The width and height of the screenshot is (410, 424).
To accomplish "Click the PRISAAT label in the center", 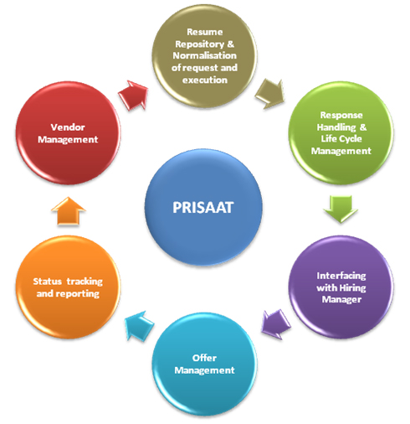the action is (x=202, y=208).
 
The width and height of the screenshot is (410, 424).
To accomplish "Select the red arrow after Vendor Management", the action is (x=133, y=95).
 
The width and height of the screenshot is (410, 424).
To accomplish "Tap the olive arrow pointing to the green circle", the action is (x=270, y=94).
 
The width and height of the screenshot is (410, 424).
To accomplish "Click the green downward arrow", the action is (x=341, y=209).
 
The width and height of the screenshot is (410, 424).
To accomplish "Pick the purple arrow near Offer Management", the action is (x=276, y=324).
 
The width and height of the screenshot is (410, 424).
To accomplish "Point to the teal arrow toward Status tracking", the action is (x=140, y=326).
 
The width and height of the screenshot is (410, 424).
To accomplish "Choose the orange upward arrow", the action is (x=69, y=211).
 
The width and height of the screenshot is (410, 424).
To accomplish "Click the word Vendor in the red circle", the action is (x=68, y=127).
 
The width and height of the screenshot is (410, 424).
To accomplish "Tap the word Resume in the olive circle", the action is (x=205, y=32).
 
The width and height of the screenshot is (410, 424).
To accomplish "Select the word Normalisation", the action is (x=205, y=55).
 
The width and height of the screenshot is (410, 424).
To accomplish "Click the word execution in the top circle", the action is (x=205, y=80).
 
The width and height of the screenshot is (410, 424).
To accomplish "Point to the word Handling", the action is (x=336, y=127).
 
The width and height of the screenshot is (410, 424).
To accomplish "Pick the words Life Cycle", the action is (x=341, y=139).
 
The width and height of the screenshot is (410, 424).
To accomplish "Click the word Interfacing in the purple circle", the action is (x=341, y=276).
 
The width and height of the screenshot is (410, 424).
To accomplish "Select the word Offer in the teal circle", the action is (x=204, y=358).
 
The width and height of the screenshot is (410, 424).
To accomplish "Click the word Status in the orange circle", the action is (x=48, y=282).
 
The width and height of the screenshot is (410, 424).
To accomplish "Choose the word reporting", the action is (x=78, y=293).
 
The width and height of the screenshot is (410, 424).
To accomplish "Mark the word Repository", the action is (x=200, y=44).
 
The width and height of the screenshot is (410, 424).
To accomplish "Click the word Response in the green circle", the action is (x=341, y=115).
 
